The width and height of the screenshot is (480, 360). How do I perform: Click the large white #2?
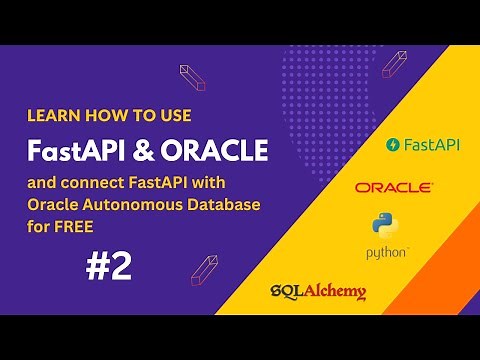click(108, 266)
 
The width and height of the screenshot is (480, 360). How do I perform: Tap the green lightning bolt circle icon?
click(392, 145)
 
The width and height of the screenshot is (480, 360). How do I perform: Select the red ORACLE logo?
click(394, 187)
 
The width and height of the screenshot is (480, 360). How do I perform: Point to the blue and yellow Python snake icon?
click(382, 226)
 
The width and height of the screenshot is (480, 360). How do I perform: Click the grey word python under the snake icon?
click(385, 253)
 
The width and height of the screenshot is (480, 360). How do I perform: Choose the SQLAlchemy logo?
click(318, 293)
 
